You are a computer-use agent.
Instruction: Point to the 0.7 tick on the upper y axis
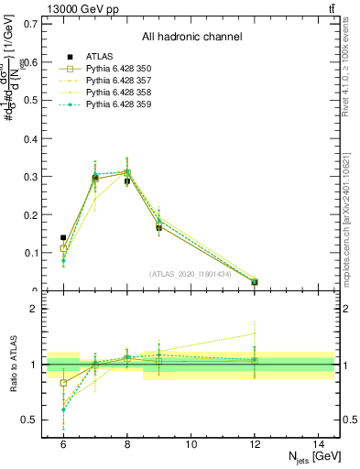31,23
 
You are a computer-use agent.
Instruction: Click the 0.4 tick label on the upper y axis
31,137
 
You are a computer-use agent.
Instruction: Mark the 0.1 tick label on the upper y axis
31,253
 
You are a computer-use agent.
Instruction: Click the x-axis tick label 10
191,443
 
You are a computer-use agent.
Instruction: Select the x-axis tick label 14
319,443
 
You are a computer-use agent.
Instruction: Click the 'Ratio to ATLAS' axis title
12,365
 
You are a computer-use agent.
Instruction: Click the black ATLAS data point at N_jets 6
63,238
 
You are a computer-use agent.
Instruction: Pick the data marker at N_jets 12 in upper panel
255,282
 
